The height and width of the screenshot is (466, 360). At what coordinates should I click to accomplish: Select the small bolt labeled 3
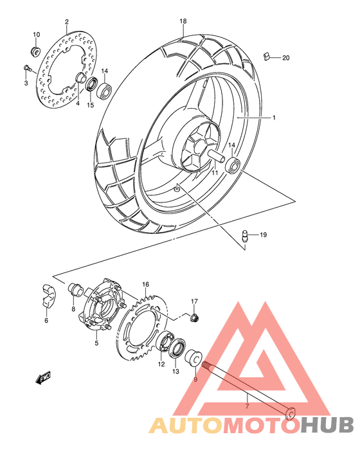tap(26, 67)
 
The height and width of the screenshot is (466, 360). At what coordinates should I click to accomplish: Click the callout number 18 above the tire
tap(183, 21)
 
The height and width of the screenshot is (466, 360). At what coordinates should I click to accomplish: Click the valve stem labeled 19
tap(244, 237)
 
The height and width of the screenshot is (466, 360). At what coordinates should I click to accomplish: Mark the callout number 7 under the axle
tap(246, 407)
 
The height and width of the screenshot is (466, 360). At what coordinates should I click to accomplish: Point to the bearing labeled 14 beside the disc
tap(104, 85)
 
